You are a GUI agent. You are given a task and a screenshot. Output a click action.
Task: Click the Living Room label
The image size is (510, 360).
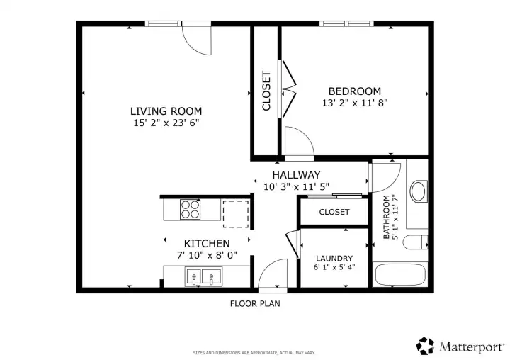[166, 111]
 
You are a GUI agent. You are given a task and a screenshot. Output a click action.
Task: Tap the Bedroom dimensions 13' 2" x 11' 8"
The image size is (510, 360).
[354, 103]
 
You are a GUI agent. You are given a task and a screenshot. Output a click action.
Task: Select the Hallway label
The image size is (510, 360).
[297, 175]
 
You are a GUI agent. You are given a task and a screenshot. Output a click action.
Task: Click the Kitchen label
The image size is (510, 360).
[207, 243]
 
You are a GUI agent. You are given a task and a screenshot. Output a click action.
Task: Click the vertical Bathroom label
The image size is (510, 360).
[387, 217]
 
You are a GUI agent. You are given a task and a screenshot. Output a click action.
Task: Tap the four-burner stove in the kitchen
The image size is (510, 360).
[190, 209]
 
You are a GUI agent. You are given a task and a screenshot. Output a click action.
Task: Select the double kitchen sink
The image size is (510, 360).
[203, 276]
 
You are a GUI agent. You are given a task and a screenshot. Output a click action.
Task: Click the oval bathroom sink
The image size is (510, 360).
[419, 191]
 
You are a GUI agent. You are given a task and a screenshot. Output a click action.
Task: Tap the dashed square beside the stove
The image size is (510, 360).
[235, 213]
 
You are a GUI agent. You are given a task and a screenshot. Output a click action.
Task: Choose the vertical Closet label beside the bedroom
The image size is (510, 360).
[266, 91]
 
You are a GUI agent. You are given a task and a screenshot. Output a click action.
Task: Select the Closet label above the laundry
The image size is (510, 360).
[334, 212]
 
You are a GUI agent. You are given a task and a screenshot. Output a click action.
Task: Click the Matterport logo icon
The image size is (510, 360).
[425, 346]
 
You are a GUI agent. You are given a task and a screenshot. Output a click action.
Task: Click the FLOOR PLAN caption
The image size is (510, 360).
[254, 303]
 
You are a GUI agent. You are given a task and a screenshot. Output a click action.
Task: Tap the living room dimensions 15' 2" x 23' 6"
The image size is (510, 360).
[166, 123]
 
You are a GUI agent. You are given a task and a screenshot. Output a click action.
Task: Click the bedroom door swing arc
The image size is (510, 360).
[298, 140]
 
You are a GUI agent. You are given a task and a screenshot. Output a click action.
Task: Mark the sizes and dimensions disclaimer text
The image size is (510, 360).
[254, 352]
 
